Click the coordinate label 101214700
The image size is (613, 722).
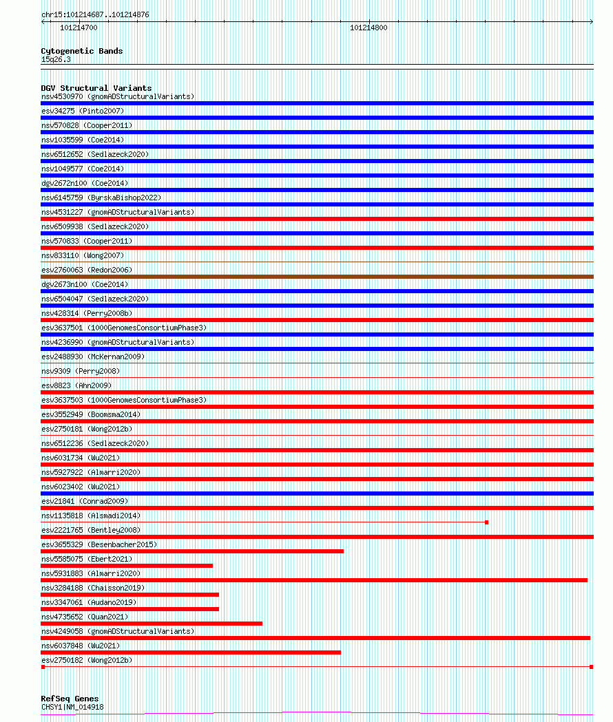(x=79, y=28)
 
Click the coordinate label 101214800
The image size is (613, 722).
(x=368, y=28)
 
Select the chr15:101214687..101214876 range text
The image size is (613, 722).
(x=85, y=14)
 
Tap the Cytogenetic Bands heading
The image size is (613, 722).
(x=81, y=51)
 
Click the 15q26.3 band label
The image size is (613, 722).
(x=56, y=59)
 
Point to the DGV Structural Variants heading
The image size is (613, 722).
(x=96, y=88)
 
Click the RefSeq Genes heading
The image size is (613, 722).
(x=70, y=699)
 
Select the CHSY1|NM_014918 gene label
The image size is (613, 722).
(x=72, y=707)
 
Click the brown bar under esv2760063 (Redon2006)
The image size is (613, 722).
(x=317, y=277)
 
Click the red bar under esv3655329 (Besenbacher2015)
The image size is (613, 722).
(x=192, y=551)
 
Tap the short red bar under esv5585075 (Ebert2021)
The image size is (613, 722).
(x=127, y=566)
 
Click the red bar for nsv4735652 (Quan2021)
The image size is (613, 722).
(x=152, y=624)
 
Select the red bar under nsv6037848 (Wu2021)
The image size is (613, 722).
(x=191, y=652)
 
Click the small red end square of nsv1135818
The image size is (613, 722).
(x=486, y=522)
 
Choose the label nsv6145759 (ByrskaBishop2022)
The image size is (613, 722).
(x=101, y=198)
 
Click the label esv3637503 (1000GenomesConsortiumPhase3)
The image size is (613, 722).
(x=123, y=400)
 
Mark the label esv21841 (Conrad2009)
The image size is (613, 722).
(x=85, y=501)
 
